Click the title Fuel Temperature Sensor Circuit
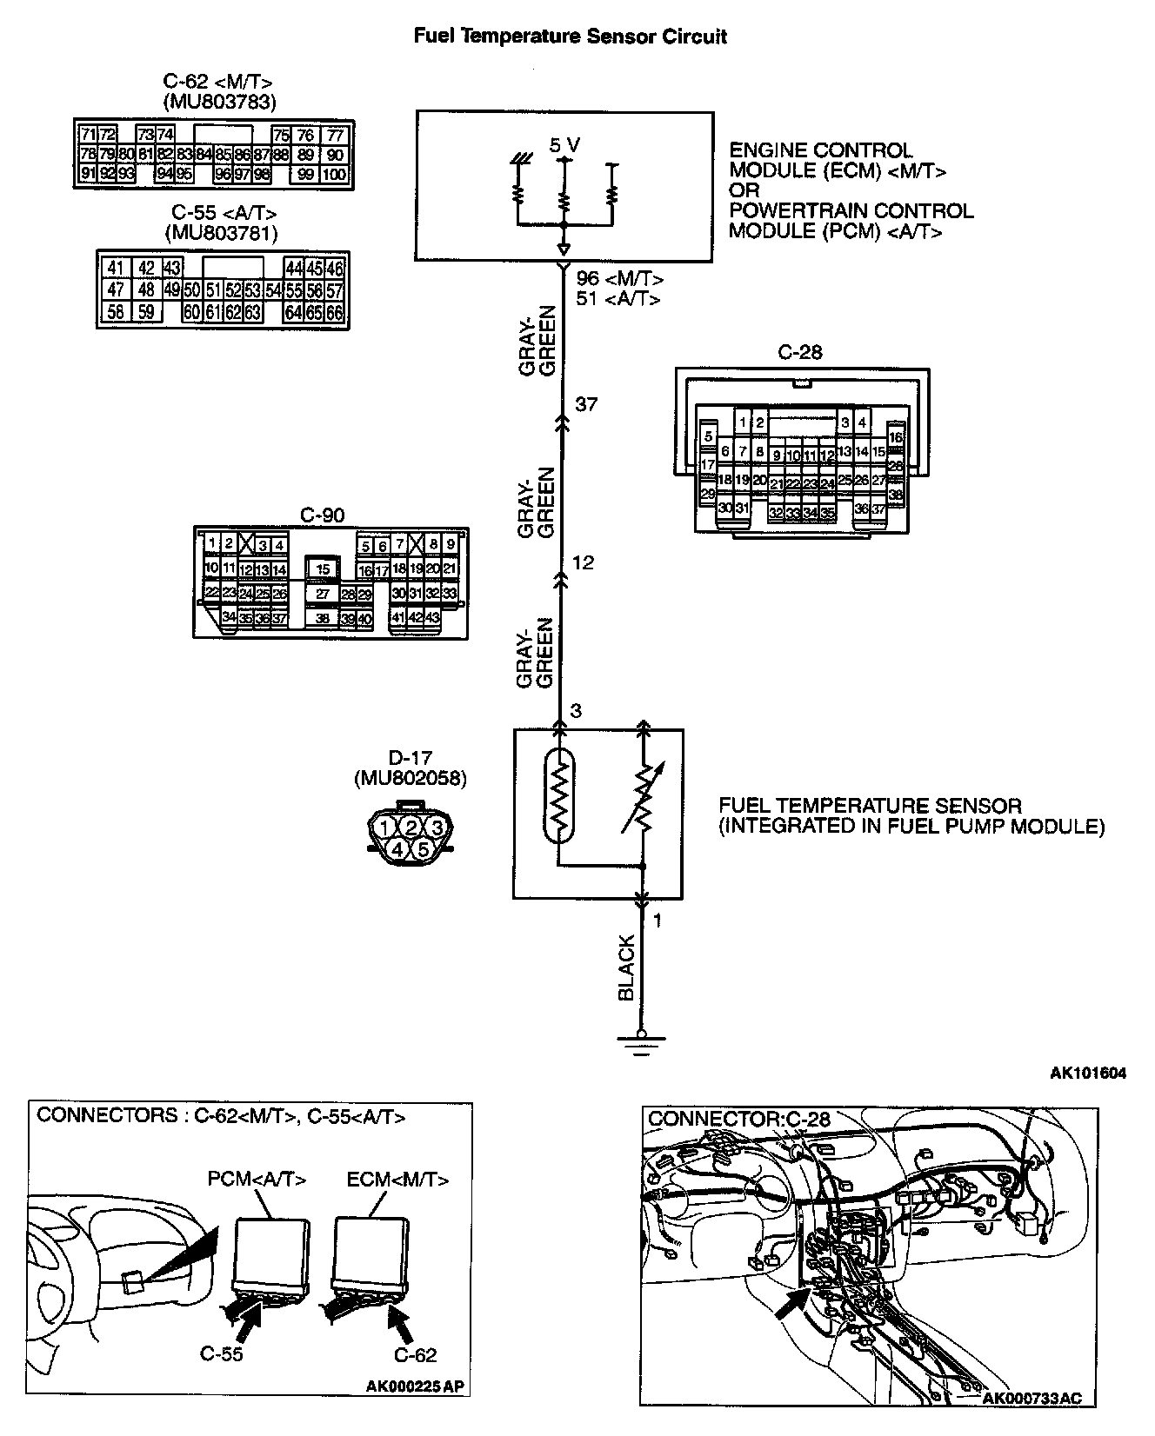coord(570,37)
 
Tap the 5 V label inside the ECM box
coord(564,145)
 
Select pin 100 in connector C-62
coord(334,174)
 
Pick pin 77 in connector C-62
coord(335,135)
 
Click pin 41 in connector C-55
coord(116,268)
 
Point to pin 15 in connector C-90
coord(323,569)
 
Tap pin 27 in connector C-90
coord(323,595)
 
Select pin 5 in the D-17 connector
coord(424,848)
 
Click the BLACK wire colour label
coord(626,967)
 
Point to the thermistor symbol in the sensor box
coord(560,796)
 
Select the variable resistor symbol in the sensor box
coord(643,797)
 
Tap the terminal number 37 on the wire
coord(587,404)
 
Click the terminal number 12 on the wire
coord(583,562)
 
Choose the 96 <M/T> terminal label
coord(619,279)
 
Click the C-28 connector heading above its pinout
coord(800,352)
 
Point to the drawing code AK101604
coord(1087,1074)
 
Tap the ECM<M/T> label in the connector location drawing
coord(397,1180)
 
